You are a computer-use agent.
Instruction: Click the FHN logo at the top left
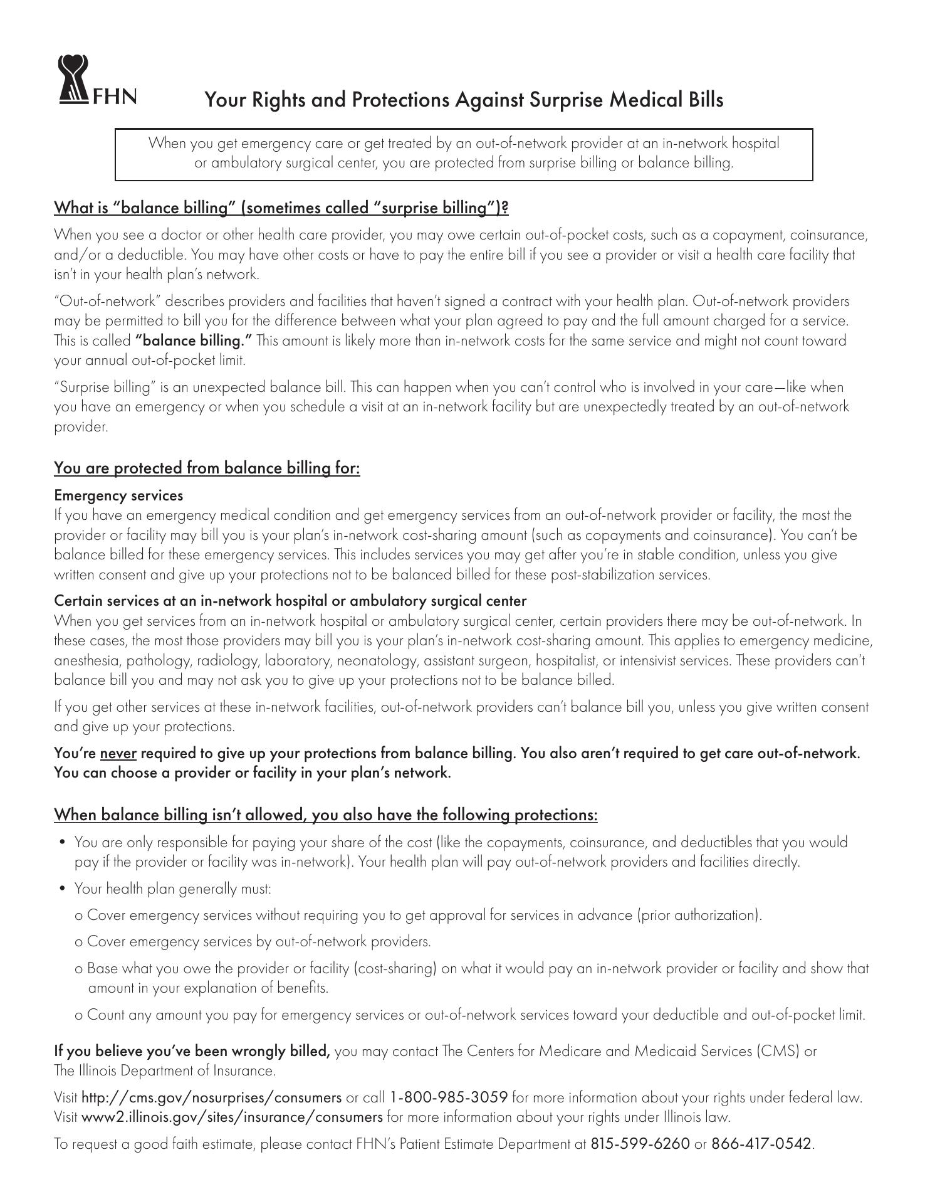point(97,80)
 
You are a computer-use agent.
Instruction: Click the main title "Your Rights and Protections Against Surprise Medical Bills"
point(464,100)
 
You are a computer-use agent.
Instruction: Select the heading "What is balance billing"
point(281,208)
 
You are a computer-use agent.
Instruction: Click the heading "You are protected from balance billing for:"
point(207,468)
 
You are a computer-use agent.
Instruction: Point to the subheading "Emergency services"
point(118,495)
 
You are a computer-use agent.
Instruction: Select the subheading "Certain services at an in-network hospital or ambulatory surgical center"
point(290,601)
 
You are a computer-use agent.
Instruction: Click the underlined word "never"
point(118,753)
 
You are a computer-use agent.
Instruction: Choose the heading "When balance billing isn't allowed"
point(325,815)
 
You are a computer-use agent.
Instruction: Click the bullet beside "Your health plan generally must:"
point(62,889)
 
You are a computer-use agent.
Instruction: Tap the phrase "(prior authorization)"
point(699,915)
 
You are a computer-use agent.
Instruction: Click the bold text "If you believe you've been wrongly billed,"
point(192,1051)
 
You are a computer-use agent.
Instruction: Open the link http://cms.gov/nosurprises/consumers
point(212,1097)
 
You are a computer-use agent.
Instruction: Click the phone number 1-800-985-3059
point(448,1097)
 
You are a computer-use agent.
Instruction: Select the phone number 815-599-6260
point(639,1144)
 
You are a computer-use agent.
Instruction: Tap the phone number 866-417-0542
point(761,1144)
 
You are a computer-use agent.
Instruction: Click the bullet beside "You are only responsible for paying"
point(62,842)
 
